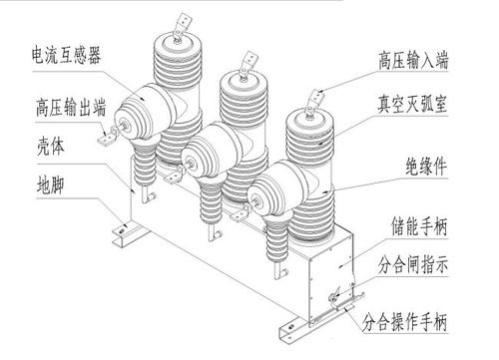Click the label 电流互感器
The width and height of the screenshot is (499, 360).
[73, 52]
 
